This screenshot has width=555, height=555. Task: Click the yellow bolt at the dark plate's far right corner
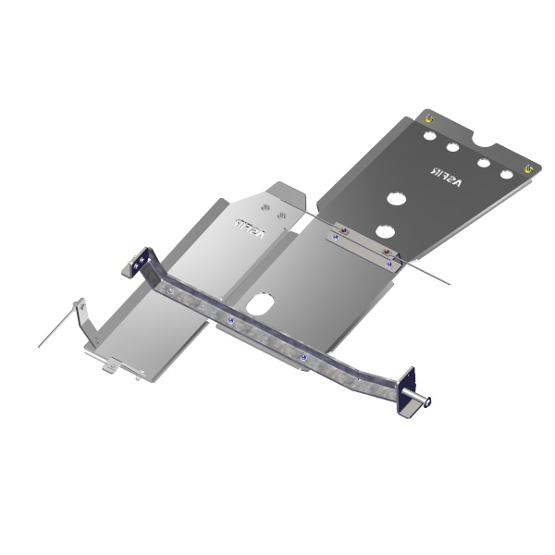click(x=528, y=167)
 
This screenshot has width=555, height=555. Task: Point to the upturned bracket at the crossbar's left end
click(x=142, y=263)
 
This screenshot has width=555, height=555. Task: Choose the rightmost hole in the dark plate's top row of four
click(x=506, y=174)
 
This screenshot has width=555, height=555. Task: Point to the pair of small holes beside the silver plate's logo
click(x=267, y=206)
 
